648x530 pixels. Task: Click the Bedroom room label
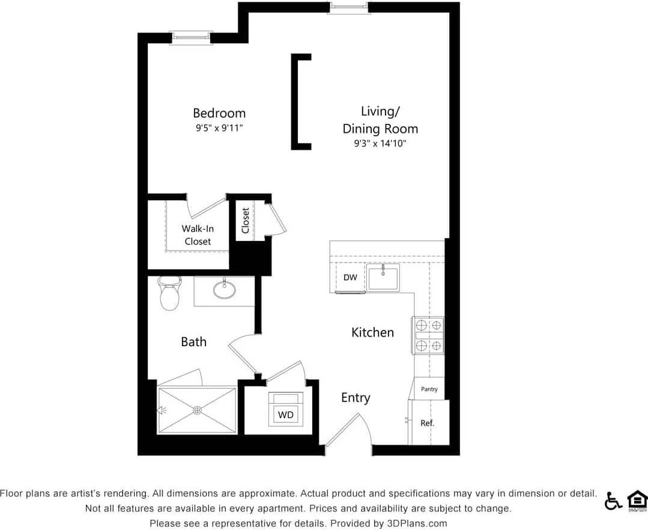coord(219,113)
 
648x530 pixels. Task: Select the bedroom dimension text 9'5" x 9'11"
coord(219,128)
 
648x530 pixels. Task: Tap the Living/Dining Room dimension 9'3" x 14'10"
coord(380,144)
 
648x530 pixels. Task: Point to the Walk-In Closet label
coord(198,235)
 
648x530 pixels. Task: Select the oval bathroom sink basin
coord(224,289)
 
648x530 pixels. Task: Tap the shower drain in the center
coord(197,410)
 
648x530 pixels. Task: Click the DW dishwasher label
coord(350,278)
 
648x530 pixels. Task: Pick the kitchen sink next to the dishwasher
coord(383,278)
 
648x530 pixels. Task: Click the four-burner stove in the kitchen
coord(428,335)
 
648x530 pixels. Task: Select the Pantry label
coord(429,389)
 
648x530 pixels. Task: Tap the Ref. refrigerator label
coord(427,423)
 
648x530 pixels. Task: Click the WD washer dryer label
coord(285,415)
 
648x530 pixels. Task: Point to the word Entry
coord(356,398)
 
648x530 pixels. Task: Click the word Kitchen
coord(372,332)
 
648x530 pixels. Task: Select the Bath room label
coord(193,342)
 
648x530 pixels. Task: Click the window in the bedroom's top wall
coord(191,38)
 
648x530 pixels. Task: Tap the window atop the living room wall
coord(348,7)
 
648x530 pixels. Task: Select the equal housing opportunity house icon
coord(637,500)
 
